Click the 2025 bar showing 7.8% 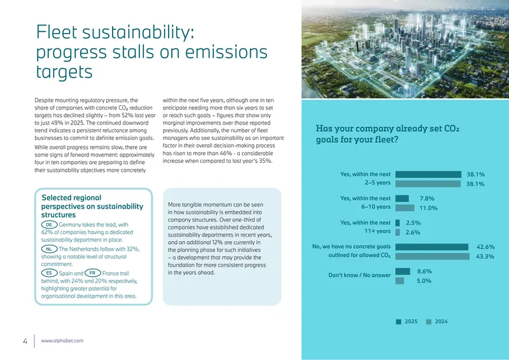point(402,198)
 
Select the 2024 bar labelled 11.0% point(405,208)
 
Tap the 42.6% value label point(485,247)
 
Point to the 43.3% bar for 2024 point(433,256)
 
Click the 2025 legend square point(399,322)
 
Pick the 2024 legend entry point(437,322)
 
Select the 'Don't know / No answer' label point(359,275)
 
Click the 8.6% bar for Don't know point(403,272)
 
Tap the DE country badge point(50,225)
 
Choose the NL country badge point(50,249)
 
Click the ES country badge point(50,273)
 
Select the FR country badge point(93,273)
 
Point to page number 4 point(25,341)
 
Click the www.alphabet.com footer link point(62,341)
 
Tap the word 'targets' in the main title point(64,72)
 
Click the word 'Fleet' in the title point(57,32)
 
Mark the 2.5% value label point(413,223)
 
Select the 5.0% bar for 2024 point(400,280)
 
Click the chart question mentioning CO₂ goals point(387,134)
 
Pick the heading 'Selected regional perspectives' point(92,206)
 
